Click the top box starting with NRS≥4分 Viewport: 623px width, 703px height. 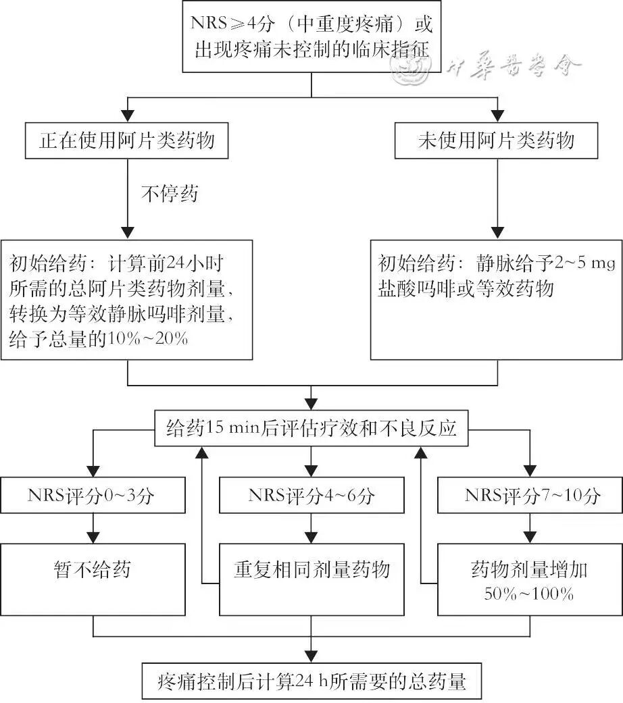311,36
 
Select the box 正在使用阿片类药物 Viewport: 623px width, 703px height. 126,140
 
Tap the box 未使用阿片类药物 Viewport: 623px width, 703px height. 497,140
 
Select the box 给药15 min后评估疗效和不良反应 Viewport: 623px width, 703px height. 311,428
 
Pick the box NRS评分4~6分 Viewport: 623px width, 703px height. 311,496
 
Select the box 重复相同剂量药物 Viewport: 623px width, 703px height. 311,571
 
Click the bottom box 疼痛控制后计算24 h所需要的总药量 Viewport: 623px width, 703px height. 311,681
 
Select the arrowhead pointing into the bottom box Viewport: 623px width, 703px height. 311,656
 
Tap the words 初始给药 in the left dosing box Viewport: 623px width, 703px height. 38,263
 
